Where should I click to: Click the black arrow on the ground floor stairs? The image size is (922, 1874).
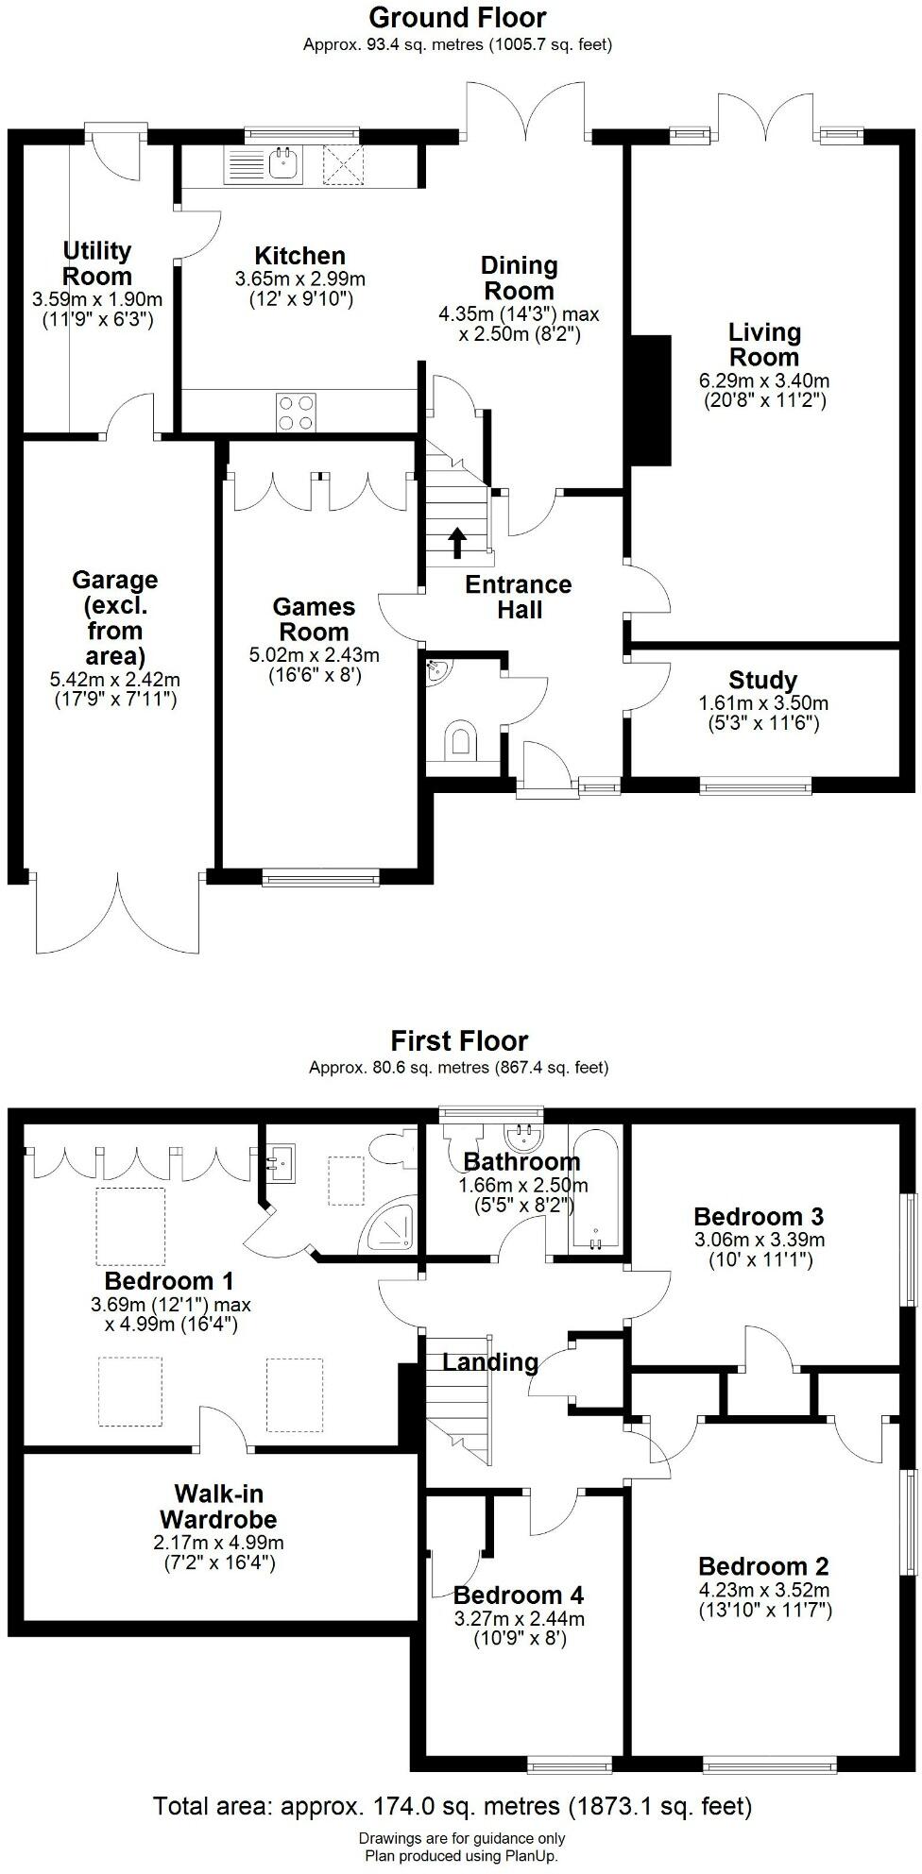457,541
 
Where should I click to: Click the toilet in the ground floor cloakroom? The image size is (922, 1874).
460,739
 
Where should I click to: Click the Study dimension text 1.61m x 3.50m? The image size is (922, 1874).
763,703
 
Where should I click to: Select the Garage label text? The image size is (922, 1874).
114,617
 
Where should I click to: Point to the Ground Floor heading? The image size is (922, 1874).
457,17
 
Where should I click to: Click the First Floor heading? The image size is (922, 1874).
459,1041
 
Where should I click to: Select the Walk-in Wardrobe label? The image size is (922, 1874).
218,1507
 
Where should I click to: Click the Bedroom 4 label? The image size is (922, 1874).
518,1595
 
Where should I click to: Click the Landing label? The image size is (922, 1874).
489,1361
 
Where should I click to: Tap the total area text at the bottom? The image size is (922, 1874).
452,1806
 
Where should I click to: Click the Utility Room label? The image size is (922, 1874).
97,263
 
